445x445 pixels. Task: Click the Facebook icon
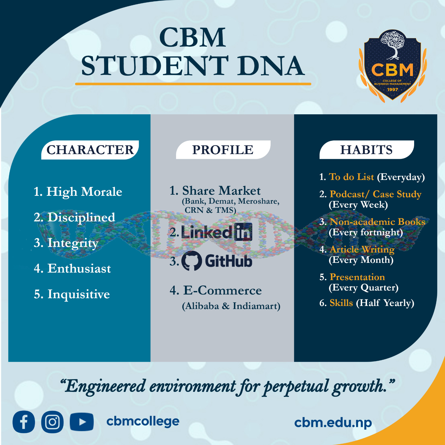(24, 422)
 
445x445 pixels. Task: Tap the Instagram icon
(52, 422)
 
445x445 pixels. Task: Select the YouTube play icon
(82, 422)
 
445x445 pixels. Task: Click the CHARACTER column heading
(90, 150)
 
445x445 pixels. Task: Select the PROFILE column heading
(223, 150)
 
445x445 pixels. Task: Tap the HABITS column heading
(366, 150)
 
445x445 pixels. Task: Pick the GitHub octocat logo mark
(192, 261)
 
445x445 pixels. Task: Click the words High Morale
(84, 192)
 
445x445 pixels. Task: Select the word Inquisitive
(79, 294)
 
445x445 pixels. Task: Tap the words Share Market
(221, 191)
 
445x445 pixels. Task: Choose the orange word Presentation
(357, 277)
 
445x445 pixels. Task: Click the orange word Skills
(341, 303)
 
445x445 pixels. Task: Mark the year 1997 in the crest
(392, 90)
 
